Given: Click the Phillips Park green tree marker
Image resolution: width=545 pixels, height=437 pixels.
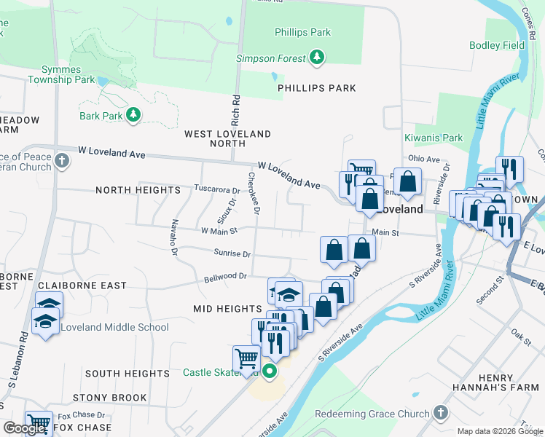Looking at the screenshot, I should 316,57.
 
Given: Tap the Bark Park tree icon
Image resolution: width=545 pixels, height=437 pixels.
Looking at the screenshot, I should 133,115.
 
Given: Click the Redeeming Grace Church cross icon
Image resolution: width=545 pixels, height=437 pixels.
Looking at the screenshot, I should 440,413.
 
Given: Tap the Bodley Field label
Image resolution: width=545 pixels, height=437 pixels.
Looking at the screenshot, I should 498,45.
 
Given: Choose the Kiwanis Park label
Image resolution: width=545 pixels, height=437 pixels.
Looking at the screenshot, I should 434,138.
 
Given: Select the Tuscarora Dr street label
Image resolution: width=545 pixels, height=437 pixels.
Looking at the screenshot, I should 216,189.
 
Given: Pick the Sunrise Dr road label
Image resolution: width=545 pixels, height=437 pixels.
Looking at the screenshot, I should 232,254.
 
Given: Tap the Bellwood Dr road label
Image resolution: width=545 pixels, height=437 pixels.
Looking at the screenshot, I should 225,277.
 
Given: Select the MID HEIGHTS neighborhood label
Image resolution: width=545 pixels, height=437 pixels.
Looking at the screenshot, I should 227,309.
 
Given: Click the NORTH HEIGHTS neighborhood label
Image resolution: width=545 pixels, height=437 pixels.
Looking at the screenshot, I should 138,190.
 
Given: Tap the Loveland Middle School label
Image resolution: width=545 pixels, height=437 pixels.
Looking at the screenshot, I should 114,327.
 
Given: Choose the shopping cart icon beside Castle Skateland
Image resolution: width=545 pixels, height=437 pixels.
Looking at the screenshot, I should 246,358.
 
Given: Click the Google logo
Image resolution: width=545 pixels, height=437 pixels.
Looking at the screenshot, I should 24,428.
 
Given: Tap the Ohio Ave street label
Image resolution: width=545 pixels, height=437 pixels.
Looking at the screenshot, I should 424,159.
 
